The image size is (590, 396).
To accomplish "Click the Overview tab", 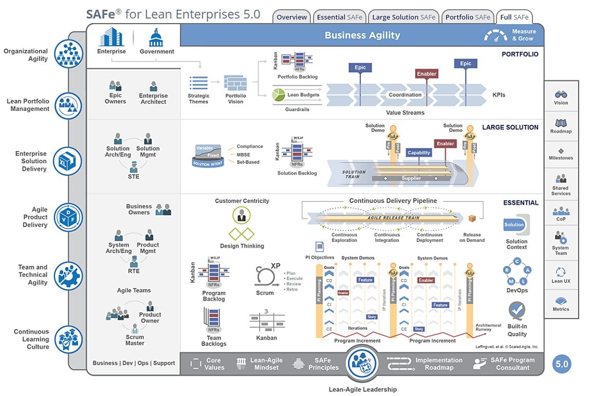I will click(x=291, y=17).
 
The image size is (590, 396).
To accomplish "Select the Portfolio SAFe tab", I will click(x=468, y=17).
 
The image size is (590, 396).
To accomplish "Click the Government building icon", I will click(x=156, y=38).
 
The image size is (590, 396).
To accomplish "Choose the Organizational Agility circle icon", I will click(x=68, y=54).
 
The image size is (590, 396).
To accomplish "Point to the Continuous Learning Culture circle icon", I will click(x=68, y=339).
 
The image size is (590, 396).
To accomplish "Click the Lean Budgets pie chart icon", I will click(x=279, y=95).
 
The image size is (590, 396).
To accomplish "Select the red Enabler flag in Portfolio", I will click(x=427, y=73).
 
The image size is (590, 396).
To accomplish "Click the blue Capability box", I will click(x=419, y=153).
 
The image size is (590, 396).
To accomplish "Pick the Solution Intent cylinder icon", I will click(x=208, y=156).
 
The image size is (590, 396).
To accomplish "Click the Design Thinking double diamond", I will click(x=242, y=234).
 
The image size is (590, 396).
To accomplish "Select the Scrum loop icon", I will click(x=263, y=276).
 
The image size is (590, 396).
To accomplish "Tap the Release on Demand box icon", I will click(x=472, y=219).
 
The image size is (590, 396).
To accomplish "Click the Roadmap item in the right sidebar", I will click(x=561, y=126).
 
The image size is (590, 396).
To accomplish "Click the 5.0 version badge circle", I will click(x=561, y=364).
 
